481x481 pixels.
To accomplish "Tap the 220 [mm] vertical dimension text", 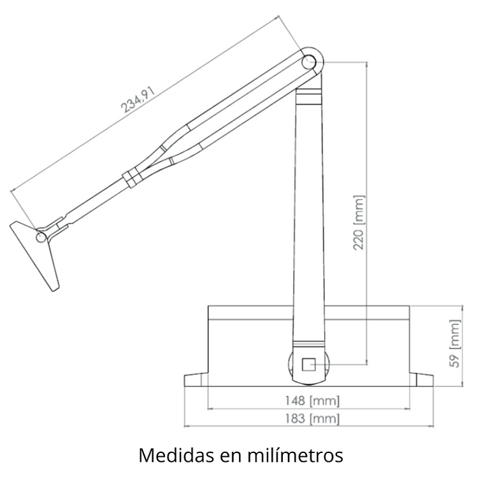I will coord(359,222).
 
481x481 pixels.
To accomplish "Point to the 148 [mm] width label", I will coord(312,401).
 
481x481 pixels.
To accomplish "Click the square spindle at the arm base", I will coord(309,364).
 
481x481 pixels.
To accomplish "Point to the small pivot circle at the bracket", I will coord(41,236).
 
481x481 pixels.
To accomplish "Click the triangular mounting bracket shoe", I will coord(38,255).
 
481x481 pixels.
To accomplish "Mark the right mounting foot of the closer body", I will coord(421,380).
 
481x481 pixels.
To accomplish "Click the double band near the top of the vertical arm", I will coord(310,97).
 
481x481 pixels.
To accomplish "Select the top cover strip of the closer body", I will coord(308,312).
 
